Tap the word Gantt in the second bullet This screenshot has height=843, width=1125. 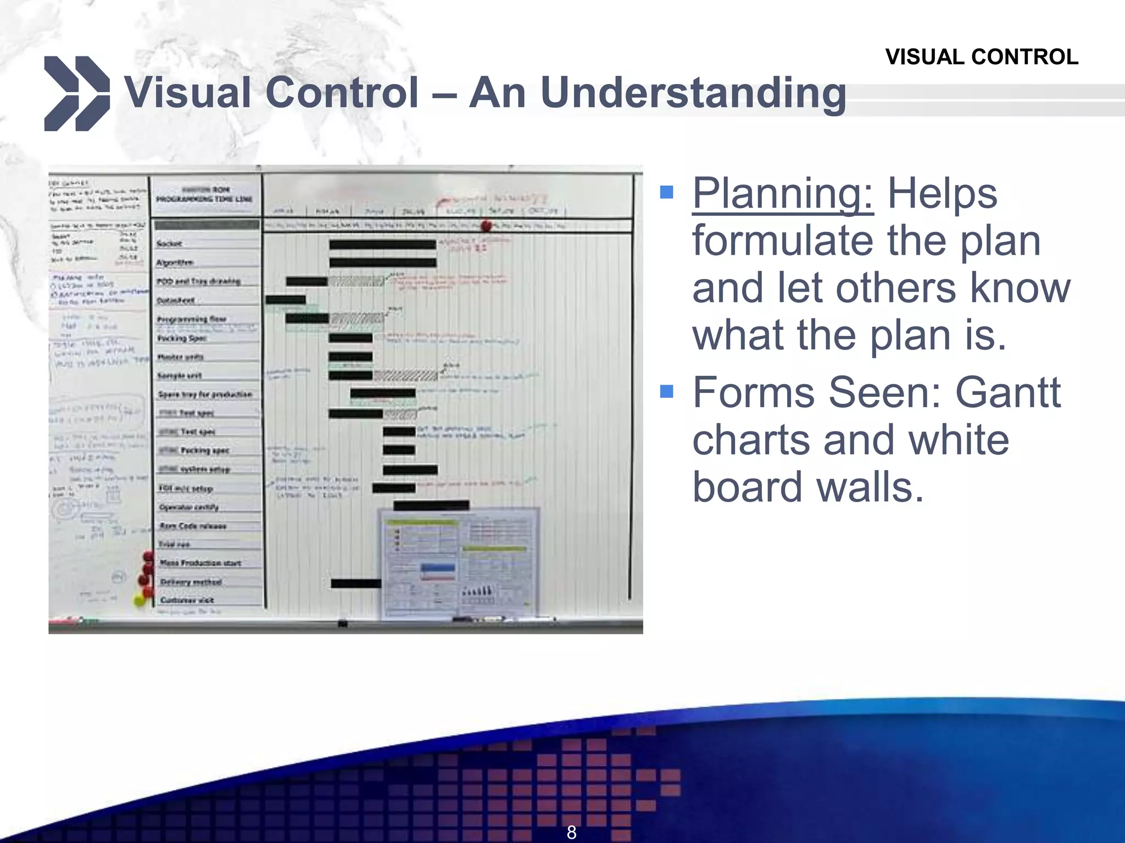tap(1007, 393)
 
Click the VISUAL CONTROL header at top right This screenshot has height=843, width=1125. tap(981, 57)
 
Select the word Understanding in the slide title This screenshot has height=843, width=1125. tap(693, 93)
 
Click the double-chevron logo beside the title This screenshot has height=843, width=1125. tap(76, 93)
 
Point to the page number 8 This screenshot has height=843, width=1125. tap(571, 832)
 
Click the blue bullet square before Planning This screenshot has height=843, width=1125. tap(666, 192)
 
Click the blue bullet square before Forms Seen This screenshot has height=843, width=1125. tap(666, 391)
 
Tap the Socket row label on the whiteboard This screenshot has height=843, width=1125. tap(169, 243)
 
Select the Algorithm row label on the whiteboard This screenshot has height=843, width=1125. tap(175, 262)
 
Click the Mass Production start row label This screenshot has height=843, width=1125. tap(201, 563)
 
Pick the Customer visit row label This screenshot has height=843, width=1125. tap(187, 600)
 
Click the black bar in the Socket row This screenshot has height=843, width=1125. tap(382, 245)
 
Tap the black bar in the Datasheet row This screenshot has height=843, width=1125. tap(286, 300)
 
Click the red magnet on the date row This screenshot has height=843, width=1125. tap(486, 226)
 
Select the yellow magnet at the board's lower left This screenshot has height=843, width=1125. tap(140, 600)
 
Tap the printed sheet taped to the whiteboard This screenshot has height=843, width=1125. tap(459, 563)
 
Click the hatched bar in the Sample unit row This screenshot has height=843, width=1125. tap(405, 376)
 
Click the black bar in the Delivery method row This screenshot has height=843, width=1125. tap(355, 583)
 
